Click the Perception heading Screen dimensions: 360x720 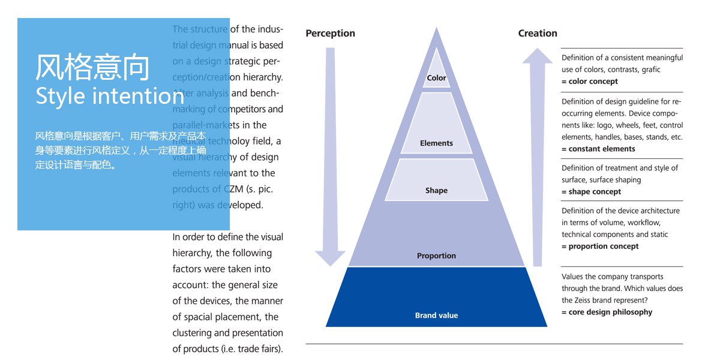(x=330, y=34)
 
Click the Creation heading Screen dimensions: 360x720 (x=538, y=34)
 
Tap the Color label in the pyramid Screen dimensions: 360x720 (x=436, y=78)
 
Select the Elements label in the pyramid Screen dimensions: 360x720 (x=436, y=143)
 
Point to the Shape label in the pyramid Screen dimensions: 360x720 (x=436, y=191)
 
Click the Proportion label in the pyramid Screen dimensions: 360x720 (x=436, y=256)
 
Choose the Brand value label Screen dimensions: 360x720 (x=436, y=316)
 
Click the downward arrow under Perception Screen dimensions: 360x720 (x=330, y=156)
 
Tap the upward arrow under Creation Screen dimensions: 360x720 (x=538, y=156)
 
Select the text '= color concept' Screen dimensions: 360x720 (x=590, y=82)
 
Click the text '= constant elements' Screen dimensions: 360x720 (x=598, y=149)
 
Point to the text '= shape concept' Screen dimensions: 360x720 (x=591, y=192)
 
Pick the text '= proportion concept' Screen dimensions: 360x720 (x=600, y=247)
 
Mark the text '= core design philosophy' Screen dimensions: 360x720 (x=607, y=312)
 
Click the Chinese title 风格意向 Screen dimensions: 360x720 (x=92, y=67)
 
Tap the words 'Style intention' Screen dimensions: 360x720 (x=110, y=96)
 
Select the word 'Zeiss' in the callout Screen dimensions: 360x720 (x=615, y=300)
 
